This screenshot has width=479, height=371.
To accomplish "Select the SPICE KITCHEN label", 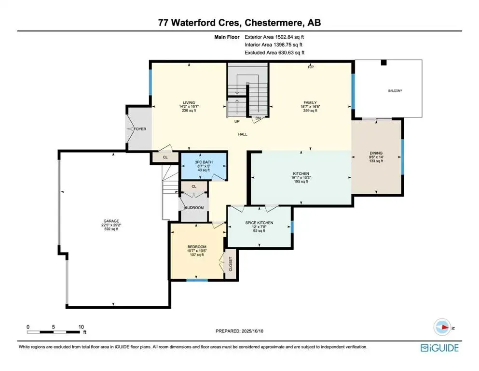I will pyautogui.click(x=260, y=223).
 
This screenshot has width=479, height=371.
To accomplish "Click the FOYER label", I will pyautogui.click(x=140, y=129).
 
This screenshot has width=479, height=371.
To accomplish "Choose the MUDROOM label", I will pyautogui.click(x=195, y=208).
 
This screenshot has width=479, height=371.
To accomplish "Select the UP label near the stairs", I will pyautogui.click(x=236, y=122).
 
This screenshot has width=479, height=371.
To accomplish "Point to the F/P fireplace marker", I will pyautogui.click(x=311, y=67).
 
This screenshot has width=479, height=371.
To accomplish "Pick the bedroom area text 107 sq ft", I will pyautogui.click(x=196, y=255).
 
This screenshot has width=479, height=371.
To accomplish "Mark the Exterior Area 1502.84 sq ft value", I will pyautogui.click(x=274, y=37).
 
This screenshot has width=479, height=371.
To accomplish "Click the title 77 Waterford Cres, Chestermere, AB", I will pyautogui.click(x=239, y=22).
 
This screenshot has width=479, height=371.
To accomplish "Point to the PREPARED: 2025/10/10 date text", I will pyautogui.click(x=239, y=331).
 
